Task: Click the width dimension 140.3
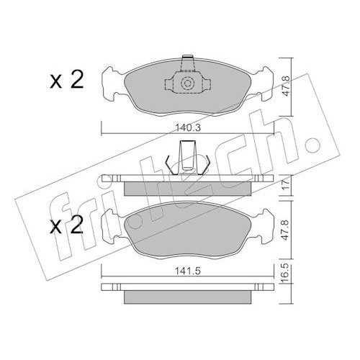pos(188,127)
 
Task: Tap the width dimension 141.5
pos(187,271)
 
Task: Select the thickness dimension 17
pos(287,185)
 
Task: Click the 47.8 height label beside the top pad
pos(286,86)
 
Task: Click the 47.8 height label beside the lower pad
pos(286,230)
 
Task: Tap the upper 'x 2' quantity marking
pos(67,80)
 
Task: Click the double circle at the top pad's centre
pos(187,84)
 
